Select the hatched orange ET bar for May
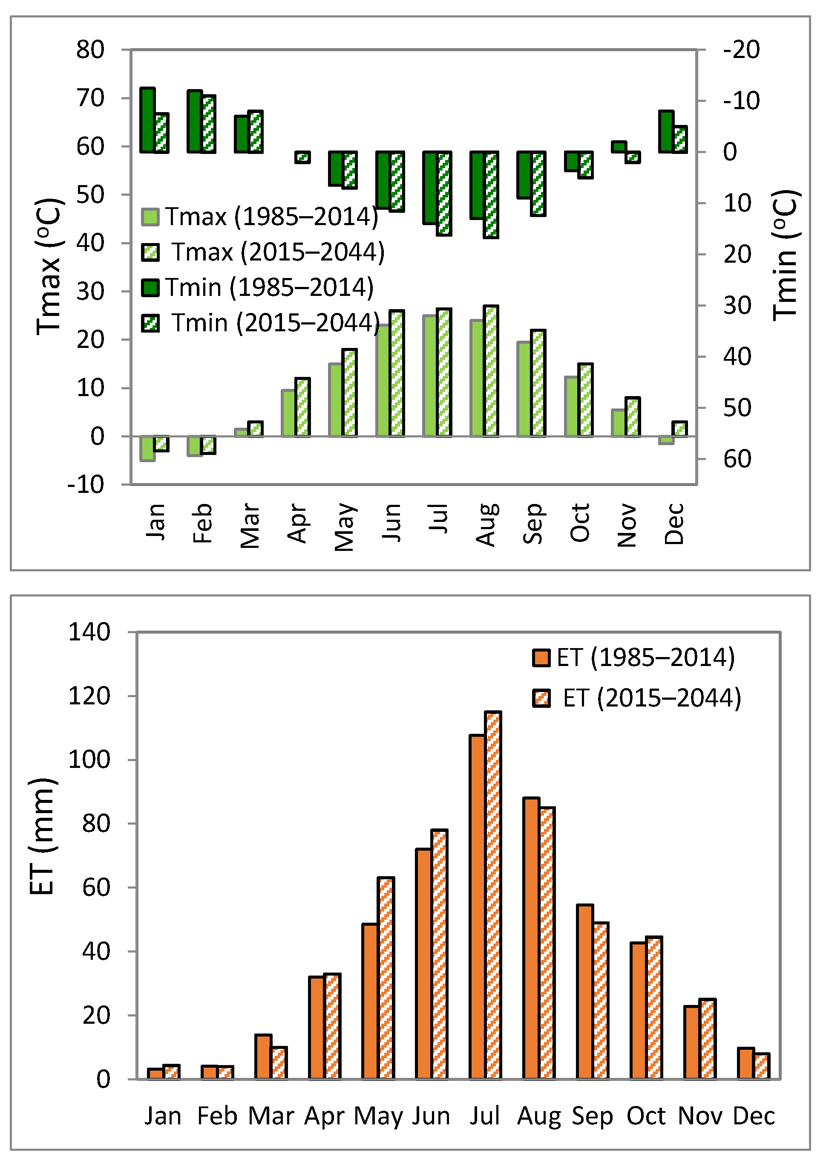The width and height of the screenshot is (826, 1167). click(386, 978)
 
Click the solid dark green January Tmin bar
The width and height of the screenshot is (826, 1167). click(147, 120)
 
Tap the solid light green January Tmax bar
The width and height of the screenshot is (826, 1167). click(147, 448)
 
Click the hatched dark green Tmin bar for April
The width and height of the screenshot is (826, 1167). click(302, 157)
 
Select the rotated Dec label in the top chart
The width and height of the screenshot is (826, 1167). click(673, 524)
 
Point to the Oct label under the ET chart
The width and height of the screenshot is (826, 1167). click(645, 1117)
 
